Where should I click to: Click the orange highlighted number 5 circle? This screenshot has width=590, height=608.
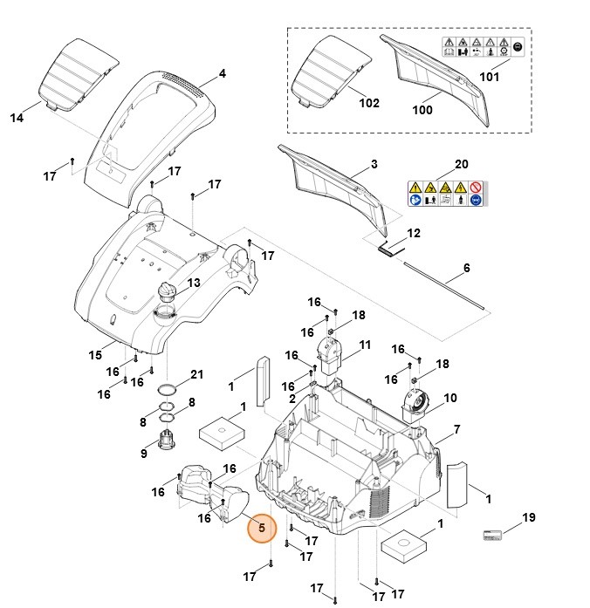click(260, 528)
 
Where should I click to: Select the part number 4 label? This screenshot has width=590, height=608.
click(222, 74)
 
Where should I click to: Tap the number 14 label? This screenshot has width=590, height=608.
click(17, 116)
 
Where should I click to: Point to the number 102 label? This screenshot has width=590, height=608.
click(369, 103)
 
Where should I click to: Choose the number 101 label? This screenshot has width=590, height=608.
click(489, 76)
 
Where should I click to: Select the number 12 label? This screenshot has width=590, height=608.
click(414, 233)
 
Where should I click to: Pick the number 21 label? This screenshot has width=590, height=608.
click(196, 374)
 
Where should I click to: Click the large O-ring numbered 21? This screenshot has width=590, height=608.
click(172, 388)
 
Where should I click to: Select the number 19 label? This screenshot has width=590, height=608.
click(528, 518)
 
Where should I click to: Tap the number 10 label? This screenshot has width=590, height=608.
click(450, 398)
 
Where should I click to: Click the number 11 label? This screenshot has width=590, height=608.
click(365, 345)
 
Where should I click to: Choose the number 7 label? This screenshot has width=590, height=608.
click(456, 430)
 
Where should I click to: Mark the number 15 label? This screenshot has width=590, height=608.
click(96, 354)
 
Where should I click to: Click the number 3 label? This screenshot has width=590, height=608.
click(374, 163)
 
